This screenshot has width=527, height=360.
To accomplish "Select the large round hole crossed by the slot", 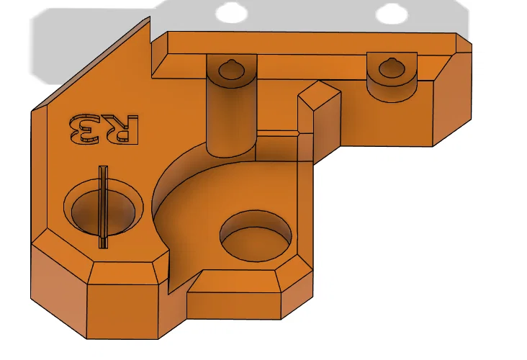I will click(x=86, y=209).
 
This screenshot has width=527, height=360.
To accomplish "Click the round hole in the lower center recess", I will click(x=256, y=235).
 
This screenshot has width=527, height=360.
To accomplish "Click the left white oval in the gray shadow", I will click(x=232, y=12).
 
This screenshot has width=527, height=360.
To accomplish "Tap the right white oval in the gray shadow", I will click(x=392, y=13).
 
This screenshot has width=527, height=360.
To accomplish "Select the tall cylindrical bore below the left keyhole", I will click(x=231, y=115).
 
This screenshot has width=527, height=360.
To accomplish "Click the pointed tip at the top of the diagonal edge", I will click(x=149, y=18).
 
